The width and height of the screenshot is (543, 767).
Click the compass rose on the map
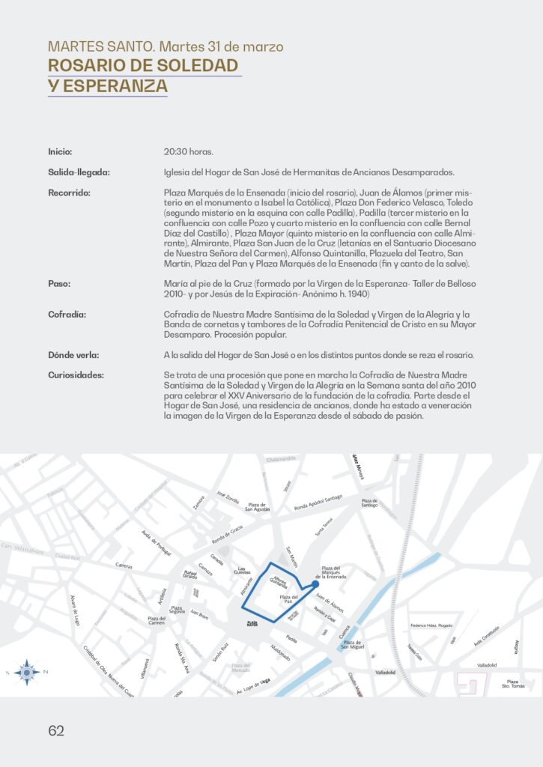pos(27,672)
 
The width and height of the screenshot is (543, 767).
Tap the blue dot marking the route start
pos(315,586)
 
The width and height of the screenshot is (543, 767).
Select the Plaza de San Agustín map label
pos(258,507)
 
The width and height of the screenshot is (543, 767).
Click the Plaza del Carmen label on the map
pos(157,620)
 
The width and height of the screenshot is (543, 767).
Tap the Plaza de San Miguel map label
pos(352,644)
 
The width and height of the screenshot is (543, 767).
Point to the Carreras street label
pos(124,568)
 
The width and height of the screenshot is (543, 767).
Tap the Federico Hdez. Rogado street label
pos(431,625)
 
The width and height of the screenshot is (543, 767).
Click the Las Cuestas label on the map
pos(242,571)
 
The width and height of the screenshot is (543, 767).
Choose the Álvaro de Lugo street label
pos(76,609)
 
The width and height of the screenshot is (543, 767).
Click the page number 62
pos(56,731)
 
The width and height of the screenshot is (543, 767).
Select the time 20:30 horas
pos(188,151)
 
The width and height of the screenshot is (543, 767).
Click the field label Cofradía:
pos(67,314)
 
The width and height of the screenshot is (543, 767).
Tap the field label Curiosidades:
pos(76,375)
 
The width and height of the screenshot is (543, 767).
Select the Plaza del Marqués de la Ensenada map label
pos(331,573)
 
